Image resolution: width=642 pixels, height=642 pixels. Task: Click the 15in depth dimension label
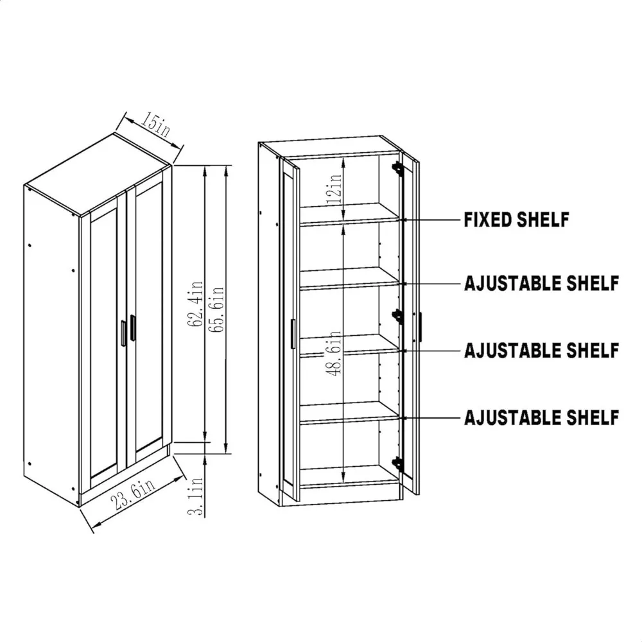pyautogui.click(x=152, y=124)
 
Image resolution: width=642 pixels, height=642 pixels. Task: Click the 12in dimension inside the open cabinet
pyautogui.click(x=333, y=186)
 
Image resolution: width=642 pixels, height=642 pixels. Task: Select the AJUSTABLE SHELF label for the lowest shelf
pyautogui.click(x=541, y=417)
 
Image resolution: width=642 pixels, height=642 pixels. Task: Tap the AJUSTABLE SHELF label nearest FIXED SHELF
pyautogui.click(x=541, y=282)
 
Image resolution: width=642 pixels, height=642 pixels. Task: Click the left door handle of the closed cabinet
pyautogui.click(x=122, y=332)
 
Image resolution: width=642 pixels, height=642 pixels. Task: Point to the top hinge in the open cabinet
pyautogui.click(x=398, y=168)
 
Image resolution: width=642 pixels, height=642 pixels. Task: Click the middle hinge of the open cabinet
pyautogui.click(x=398, y=315)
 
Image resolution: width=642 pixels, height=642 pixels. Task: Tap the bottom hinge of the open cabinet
pyautogui.click(x=398, y=462)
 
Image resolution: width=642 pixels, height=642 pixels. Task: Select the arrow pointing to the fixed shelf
pyautogui.click(x=430, y=220)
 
